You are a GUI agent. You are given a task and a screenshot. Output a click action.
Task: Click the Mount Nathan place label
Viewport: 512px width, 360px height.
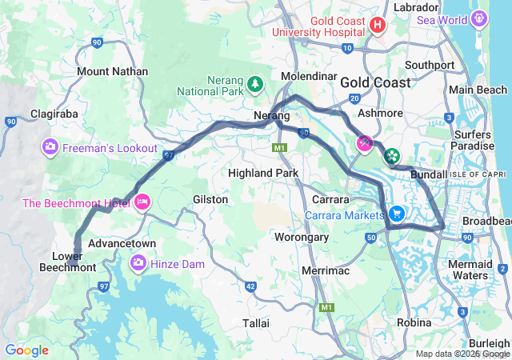click(112, 71)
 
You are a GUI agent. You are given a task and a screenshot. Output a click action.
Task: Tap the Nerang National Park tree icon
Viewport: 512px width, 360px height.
click(254, 82)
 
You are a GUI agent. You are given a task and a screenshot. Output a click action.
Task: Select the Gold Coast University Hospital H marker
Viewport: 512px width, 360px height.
click(379, 26)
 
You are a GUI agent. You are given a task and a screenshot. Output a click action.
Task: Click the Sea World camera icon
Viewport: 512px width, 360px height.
click(479, 16)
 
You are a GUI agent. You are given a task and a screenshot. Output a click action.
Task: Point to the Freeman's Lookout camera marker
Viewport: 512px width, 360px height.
click(50, 147)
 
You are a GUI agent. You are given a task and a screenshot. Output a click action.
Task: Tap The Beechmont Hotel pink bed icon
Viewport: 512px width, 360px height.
click(142, 200)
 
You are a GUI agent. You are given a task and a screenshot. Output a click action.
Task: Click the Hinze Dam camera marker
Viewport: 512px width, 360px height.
click(138, 262)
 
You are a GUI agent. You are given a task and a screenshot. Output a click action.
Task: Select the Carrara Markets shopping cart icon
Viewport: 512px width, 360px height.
click(397, 214)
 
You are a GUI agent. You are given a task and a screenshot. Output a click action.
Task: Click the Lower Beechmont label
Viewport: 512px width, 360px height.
click(68, 261)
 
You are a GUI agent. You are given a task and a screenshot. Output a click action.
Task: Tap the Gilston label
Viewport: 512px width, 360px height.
click(210, 199)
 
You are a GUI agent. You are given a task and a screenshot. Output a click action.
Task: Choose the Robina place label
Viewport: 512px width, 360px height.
click(414, 322)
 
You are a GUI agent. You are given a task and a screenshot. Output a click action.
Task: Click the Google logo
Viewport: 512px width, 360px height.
click(26, 350)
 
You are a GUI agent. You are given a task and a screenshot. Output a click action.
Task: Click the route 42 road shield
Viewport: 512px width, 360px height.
click(250, 286)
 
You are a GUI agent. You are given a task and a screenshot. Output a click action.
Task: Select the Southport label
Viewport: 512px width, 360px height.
click(430, 65)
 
